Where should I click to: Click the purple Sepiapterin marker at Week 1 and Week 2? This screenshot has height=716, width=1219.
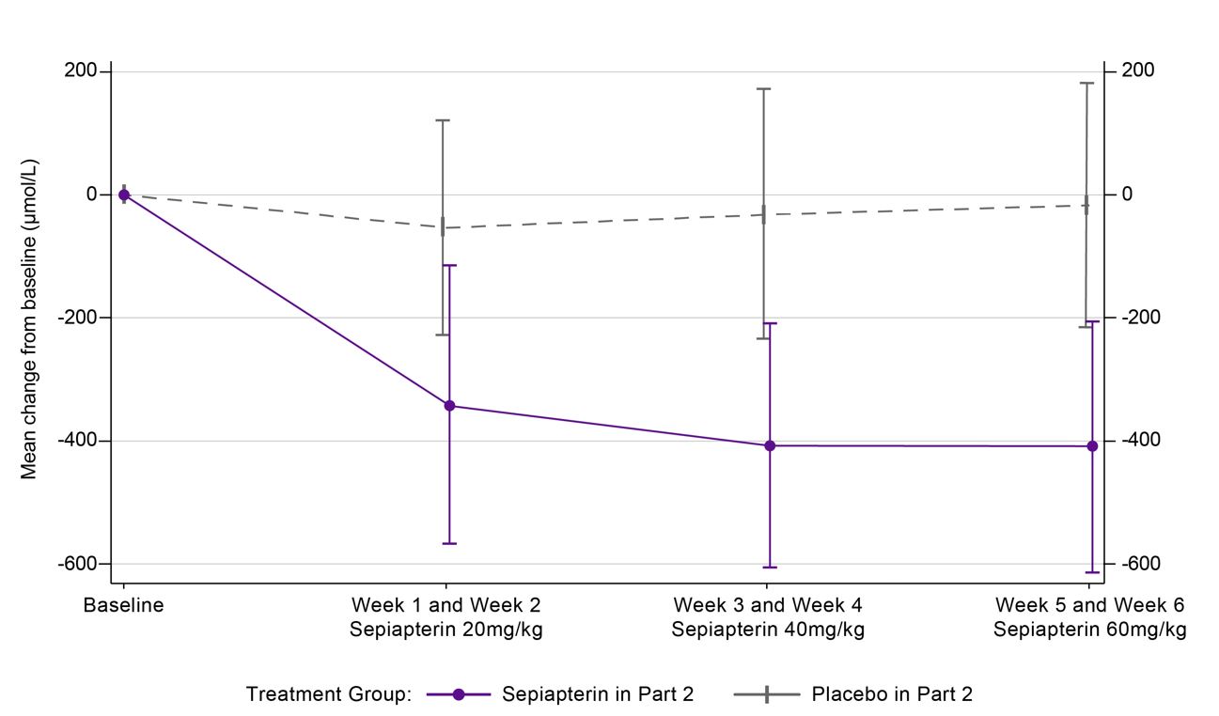point(449,406)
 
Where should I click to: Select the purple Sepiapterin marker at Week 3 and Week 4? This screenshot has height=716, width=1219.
point(770,445)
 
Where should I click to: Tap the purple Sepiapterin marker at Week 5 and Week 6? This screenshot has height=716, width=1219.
point(1092,446)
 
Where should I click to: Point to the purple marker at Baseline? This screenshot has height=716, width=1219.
point(124,195)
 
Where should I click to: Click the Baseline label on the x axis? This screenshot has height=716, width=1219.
point(123,606)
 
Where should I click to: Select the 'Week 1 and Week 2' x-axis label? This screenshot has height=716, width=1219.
point(445,604)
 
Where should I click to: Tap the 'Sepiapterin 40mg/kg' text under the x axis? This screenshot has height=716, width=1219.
point(768,630)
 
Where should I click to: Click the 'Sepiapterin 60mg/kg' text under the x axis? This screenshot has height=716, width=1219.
point(1089,630)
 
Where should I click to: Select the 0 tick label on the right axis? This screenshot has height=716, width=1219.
point(1126,195)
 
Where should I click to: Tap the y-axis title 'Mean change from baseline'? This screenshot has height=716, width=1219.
point(30,319)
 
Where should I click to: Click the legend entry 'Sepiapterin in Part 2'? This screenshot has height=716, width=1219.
point(598,694)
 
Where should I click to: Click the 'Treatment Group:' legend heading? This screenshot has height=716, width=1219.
point(329,694)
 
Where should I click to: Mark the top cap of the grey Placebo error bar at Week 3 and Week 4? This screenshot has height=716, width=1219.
point(764,89)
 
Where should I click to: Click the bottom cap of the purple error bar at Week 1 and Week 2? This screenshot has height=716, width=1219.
point(449,543)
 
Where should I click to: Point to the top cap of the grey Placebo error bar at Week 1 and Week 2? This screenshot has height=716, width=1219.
point(443,120)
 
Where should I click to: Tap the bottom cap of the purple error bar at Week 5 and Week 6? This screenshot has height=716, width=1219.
point(1092,572)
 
